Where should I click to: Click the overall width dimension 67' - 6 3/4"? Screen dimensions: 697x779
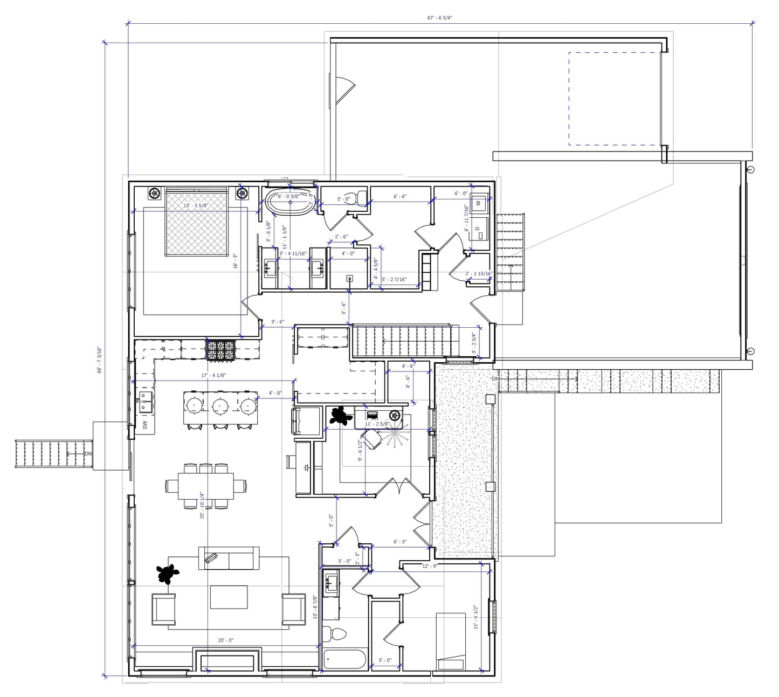439,18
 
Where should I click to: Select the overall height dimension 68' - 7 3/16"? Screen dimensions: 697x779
99,359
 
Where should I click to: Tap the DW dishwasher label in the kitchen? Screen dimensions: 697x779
145,425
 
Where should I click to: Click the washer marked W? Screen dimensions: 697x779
478,203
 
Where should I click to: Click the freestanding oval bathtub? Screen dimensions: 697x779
289,203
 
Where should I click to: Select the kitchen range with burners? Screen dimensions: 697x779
222,350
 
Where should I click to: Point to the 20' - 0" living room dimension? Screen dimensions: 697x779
225,640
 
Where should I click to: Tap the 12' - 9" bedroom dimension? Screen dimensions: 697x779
429,566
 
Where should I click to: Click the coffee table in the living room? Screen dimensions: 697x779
229,597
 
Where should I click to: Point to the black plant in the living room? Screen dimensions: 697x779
168,574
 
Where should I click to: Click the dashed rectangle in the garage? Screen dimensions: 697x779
615,99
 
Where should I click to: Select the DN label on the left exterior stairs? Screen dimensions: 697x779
88,454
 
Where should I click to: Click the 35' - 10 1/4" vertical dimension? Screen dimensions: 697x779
202,505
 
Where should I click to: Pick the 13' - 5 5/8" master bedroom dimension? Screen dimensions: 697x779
196,205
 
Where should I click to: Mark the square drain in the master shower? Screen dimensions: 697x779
349,279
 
